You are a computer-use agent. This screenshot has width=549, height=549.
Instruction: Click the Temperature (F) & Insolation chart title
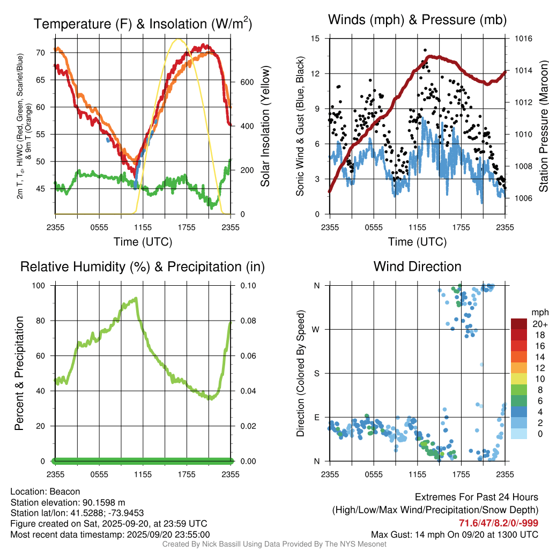143,24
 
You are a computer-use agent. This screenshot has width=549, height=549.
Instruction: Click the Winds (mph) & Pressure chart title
417,20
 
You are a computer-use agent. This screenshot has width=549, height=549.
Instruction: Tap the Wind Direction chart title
417,266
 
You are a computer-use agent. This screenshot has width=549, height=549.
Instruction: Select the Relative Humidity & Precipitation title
143,266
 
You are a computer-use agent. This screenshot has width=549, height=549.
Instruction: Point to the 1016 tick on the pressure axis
522,39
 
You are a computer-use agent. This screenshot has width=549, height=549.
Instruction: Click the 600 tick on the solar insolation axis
246,82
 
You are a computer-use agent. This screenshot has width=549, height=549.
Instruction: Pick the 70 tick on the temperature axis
40,53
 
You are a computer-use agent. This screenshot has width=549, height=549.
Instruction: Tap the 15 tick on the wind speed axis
315,39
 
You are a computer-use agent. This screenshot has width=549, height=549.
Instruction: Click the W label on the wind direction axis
317,329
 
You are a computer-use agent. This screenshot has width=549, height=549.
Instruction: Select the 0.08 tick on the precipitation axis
248,321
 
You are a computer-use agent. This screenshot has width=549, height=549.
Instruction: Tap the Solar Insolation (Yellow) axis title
265,126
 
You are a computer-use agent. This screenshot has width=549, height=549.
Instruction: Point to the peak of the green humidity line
136,299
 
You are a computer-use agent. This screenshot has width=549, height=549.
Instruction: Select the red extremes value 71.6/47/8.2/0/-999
499,523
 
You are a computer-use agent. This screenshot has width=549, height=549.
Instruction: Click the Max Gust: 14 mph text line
455,535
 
